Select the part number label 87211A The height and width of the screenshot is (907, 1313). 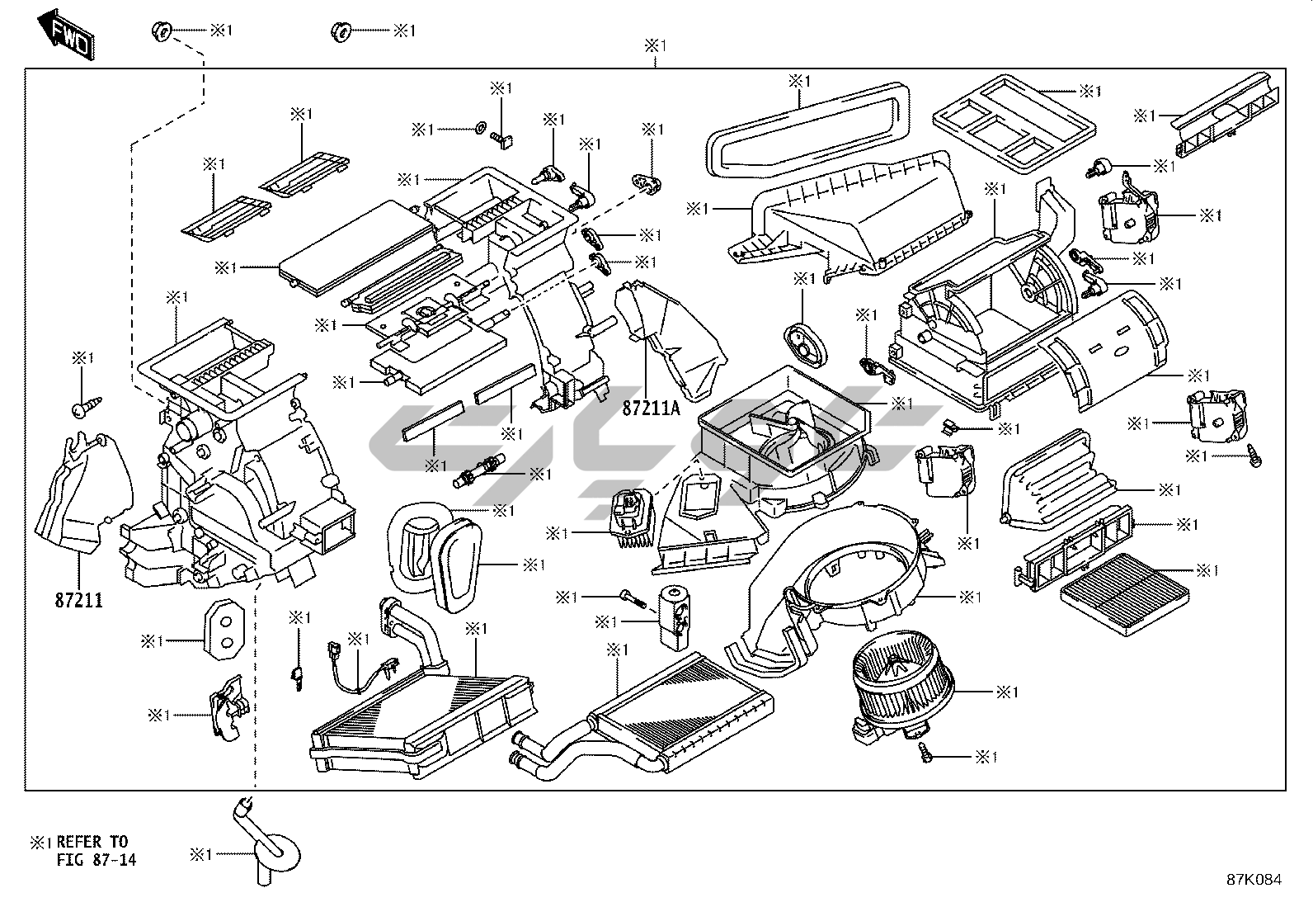(652, 409)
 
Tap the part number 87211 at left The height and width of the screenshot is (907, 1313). (79, 600)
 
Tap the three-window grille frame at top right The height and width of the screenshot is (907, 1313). (1014, 120)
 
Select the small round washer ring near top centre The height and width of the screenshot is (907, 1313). (479, 129)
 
